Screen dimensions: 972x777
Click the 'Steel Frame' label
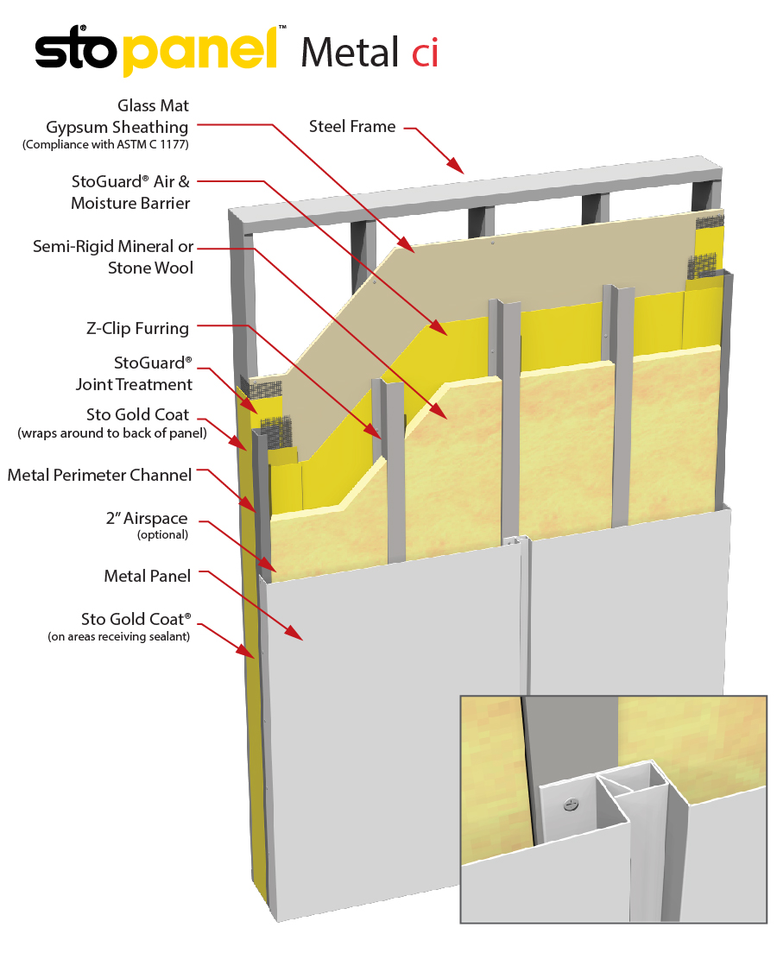click(352, 127)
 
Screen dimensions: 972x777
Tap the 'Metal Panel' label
click(147, 576)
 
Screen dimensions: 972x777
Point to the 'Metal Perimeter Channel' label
click(99, 476)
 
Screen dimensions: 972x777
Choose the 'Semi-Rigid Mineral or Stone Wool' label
click(113, 257)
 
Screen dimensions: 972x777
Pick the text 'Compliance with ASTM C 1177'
click(105, 145)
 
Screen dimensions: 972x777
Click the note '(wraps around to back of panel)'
click(111, 433)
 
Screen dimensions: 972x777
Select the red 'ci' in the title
click(425, 54)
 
